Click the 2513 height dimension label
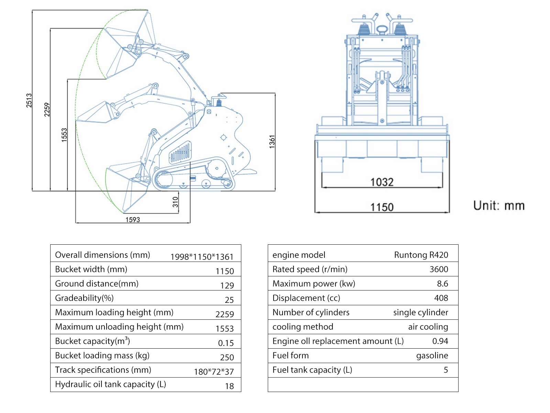29,100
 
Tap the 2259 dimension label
47,109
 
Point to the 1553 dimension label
64,135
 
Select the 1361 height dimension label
272,142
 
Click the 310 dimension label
175,202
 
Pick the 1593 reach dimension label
133,220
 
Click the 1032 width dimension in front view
382,182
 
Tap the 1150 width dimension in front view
382,207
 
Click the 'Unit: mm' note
499,205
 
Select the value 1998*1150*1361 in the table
202,257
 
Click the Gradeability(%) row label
84,298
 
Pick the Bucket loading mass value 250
227,357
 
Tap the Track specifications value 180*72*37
214,372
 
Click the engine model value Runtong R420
421,255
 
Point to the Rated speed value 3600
439,269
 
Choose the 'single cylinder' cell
420,312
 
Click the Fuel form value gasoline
432,356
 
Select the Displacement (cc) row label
306,298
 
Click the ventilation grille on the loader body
180,152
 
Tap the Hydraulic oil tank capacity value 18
229,386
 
